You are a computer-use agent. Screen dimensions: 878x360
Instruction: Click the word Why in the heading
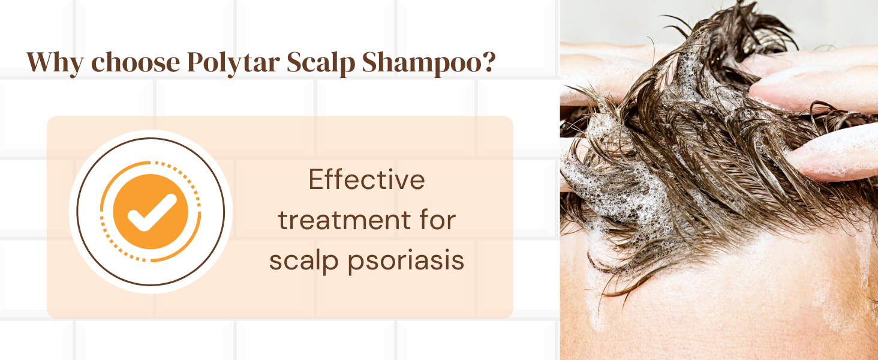click(55, 62)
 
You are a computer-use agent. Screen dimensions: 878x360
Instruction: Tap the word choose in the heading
click(136, 62)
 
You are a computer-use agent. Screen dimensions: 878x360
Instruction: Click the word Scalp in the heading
click(321, 63)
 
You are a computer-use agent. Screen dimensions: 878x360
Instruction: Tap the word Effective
click(366, 179)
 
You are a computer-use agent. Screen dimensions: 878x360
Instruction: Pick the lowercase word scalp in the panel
click(304, 260)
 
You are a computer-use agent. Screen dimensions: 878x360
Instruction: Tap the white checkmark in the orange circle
click(152, 212)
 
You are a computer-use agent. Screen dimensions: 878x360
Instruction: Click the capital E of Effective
click(316, 179)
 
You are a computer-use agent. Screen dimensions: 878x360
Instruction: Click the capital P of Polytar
click(197, 62)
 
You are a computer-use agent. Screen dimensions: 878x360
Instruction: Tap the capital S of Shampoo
click(371, 62)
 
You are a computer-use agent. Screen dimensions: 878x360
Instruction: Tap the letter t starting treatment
click(283, 221)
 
